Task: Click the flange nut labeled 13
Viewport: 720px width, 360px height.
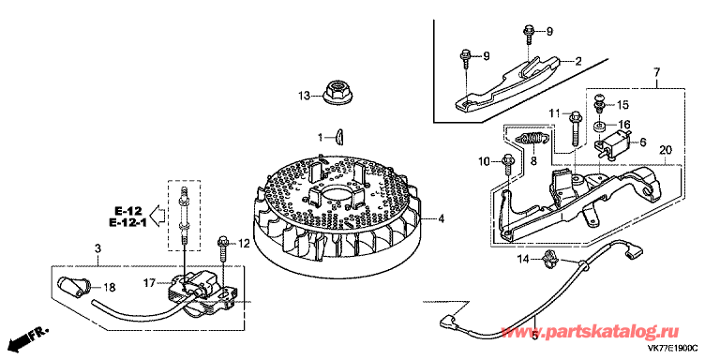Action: [x=336, y=92]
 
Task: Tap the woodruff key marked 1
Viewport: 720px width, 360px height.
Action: [x=339, y=137]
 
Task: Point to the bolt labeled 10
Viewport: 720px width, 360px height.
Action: [x=509, y=164]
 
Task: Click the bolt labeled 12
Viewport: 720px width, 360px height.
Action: [x=222, y=247]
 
